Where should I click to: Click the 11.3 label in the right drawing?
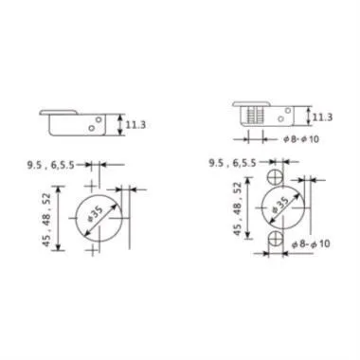321,117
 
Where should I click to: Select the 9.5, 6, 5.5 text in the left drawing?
55,164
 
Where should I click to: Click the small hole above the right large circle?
277,177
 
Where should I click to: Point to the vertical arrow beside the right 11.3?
308,117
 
